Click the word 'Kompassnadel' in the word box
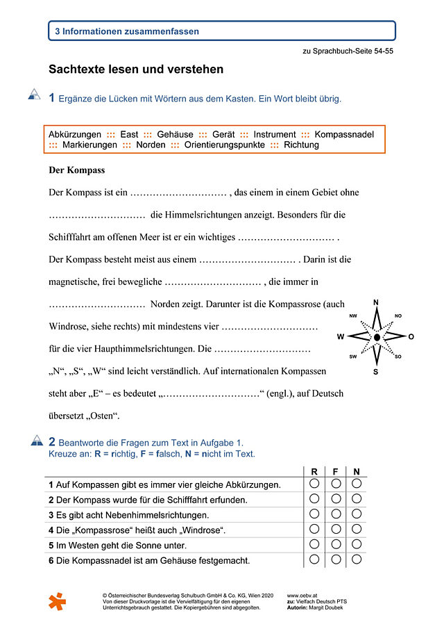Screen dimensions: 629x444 tap(345, 134)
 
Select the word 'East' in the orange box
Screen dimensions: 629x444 tap(129, 134)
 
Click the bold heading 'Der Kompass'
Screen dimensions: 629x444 tap(76, 170)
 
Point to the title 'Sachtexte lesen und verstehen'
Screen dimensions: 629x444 tap(136, 70)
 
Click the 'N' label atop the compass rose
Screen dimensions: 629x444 tap(376, 302)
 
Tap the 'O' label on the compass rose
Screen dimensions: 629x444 tap(411, 337)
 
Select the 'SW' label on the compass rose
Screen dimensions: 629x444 tap(353, 357)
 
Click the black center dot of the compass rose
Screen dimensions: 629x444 tap(377, 337)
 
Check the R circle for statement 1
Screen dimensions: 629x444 tap(314, 484)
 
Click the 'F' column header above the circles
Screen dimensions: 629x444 tap(335, 471)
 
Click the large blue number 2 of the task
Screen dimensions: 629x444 tap(52, 441)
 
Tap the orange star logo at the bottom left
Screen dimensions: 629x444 tap(58, 601)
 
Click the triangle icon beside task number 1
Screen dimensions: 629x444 tap(34, 95)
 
